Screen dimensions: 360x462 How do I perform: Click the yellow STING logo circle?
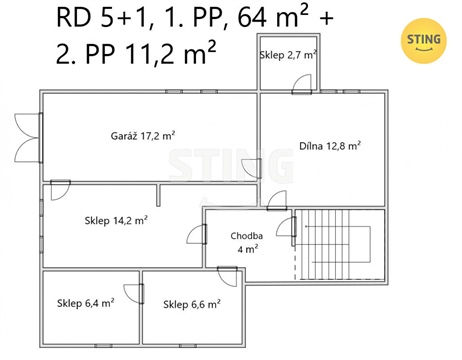[421, 40]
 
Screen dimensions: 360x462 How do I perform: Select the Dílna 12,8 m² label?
[330, 145]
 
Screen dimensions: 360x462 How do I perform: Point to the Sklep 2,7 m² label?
[288, 55]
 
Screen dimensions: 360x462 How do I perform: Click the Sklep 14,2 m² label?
[116, 219]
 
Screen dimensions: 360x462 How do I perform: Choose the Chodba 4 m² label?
[246, 242]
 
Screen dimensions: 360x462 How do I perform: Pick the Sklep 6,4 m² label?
[85, 303]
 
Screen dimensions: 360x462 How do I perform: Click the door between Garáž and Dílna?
[252, 167]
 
